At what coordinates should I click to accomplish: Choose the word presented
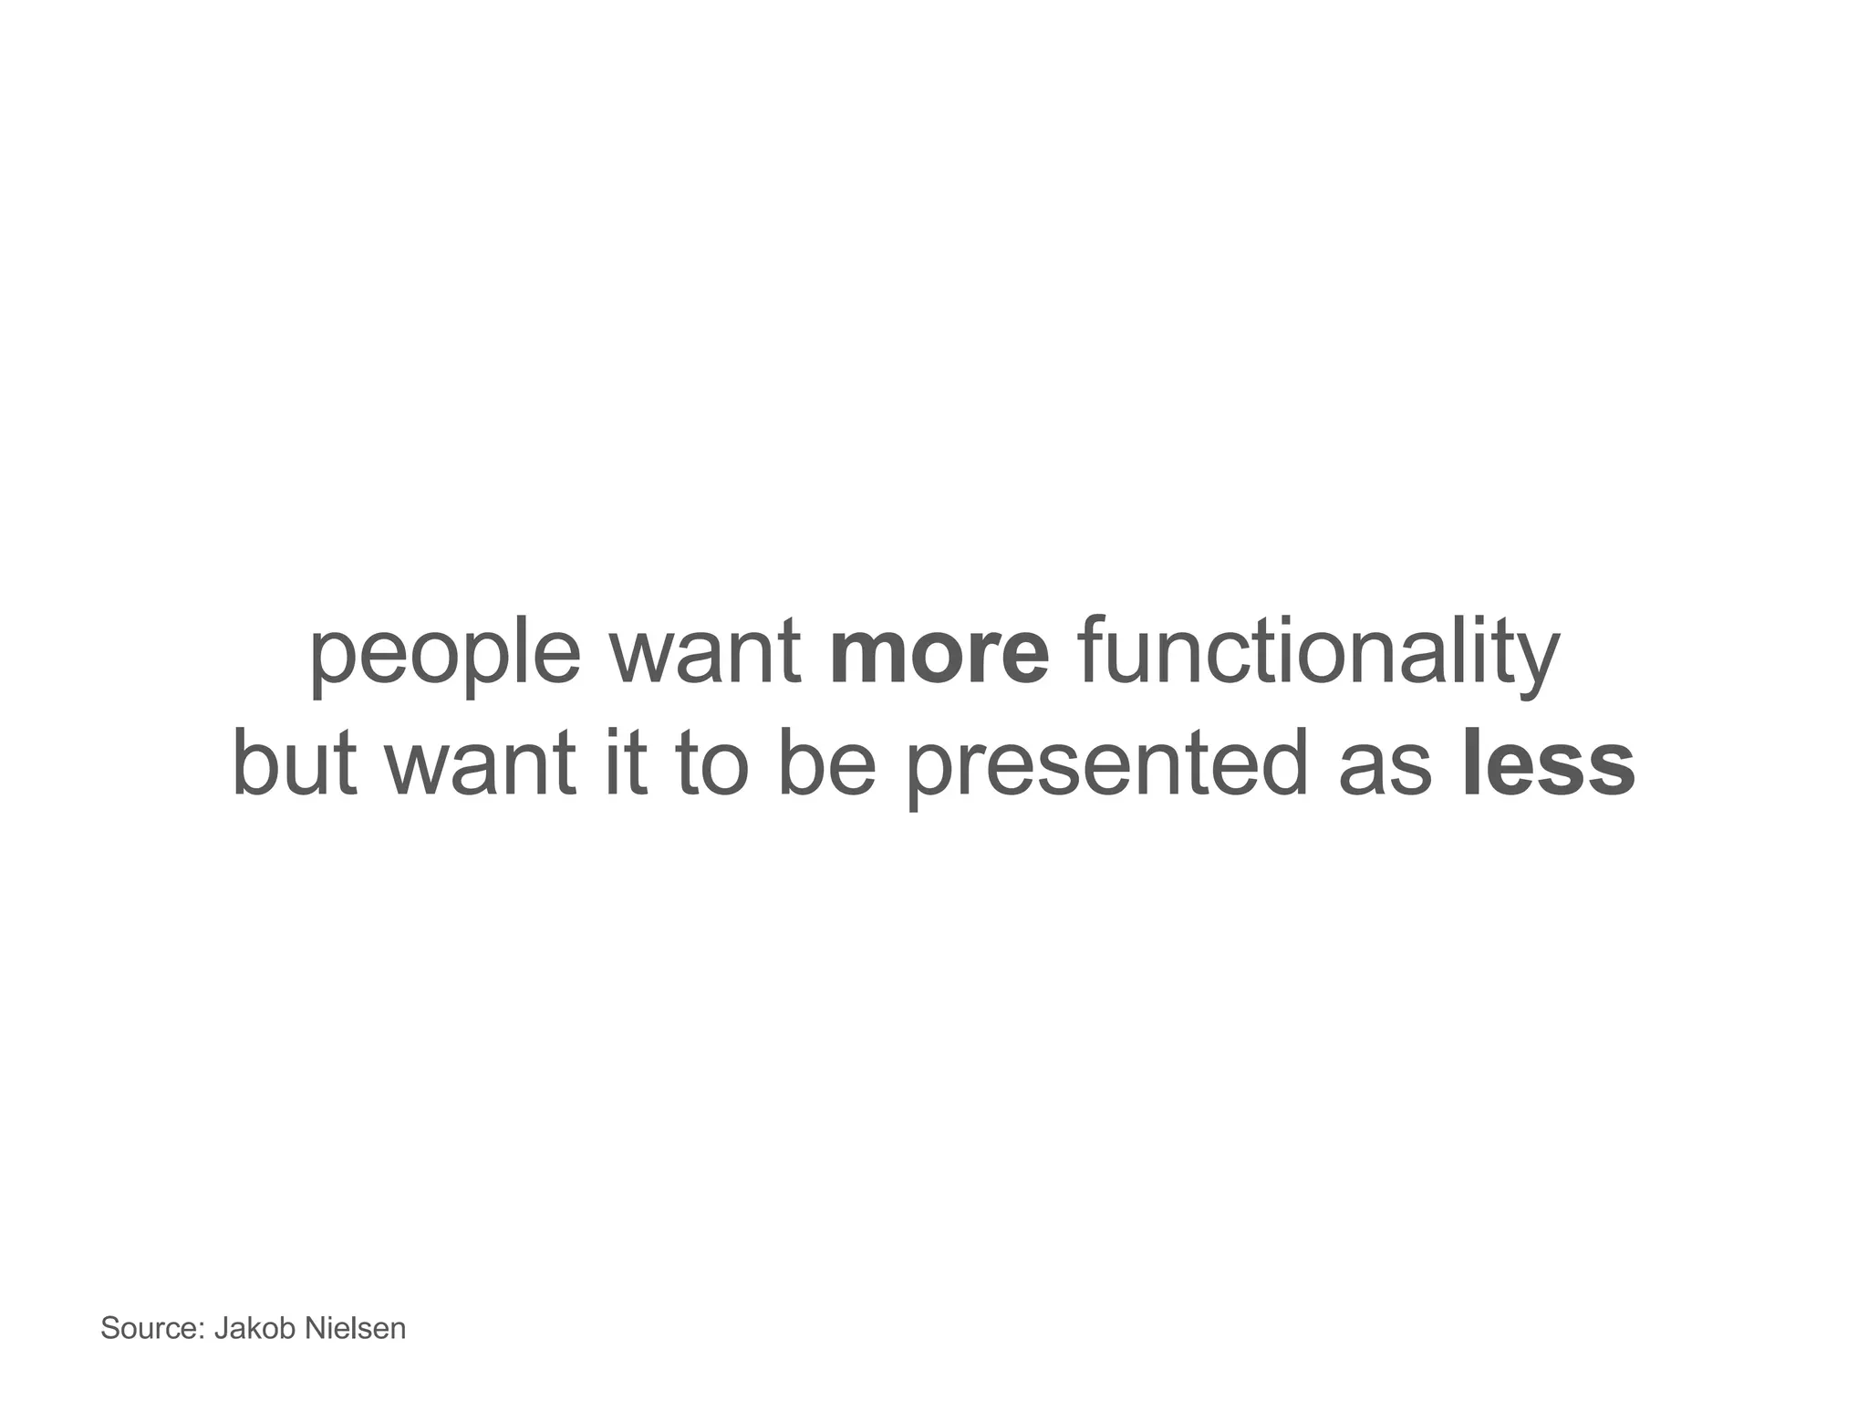(1108, 766)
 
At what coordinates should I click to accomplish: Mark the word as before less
(1385, 766)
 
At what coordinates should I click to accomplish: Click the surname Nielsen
(355, 1328)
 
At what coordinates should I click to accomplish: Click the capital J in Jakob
(221, 1328)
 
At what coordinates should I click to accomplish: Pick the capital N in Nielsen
(314, 1328)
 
